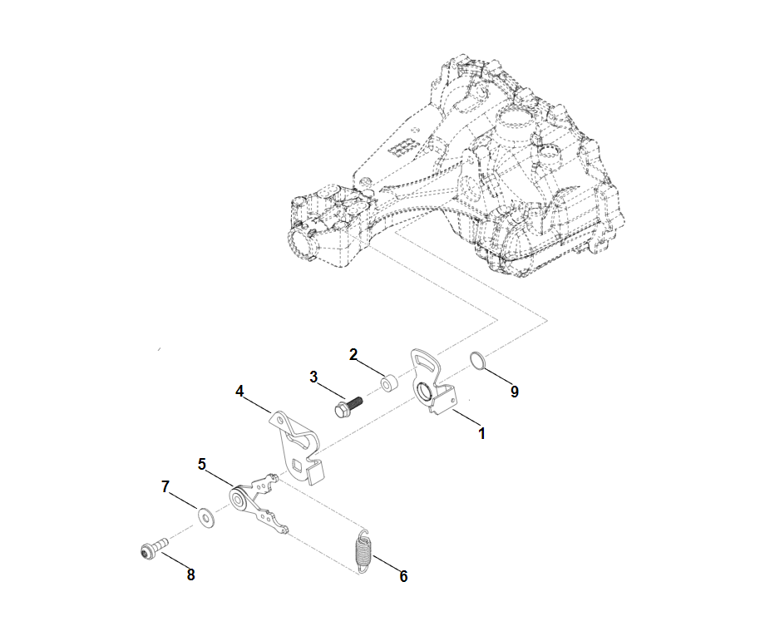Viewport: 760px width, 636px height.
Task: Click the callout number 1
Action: (481, 433)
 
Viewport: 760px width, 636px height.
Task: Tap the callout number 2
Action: (353, 354)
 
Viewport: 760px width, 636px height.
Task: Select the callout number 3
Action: (313, 377)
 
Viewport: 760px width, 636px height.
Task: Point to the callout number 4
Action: (239, 392)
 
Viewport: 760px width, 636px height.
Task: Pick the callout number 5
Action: (202, 464)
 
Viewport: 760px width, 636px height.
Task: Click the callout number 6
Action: (404, 576)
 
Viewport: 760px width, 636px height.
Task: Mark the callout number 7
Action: (165, 486)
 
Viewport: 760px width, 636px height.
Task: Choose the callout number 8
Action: (191, 574)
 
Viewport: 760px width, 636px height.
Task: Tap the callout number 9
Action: (515, 392)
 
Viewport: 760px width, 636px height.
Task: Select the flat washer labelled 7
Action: (206, 518)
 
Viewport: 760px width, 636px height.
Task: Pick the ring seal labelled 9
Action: (477, 362)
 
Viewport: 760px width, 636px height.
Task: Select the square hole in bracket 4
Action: (298, 466)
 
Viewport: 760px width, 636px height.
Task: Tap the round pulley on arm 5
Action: (239, 498)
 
